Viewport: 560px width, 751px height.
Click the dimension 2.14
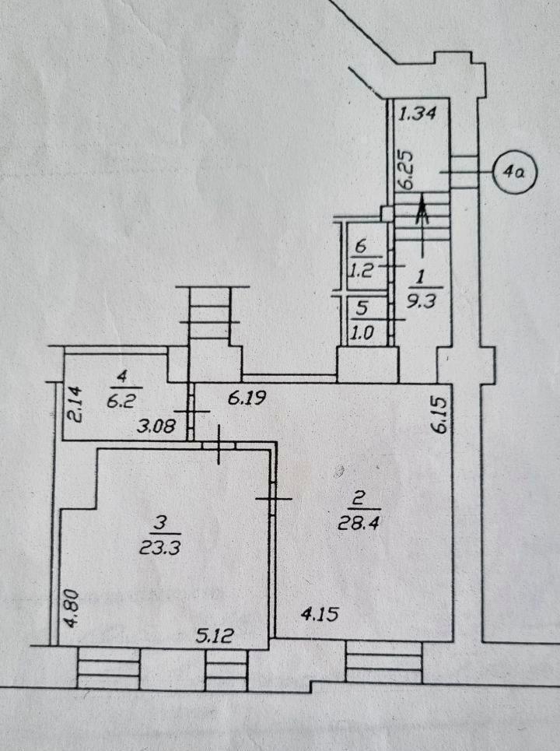point(74,405)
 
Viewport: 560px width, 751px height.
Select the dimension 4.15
point(320,614)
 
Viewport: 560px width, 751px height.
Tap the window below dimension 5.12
point(226,665)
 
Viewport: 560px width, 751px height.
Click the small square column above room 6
point(387,212)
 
